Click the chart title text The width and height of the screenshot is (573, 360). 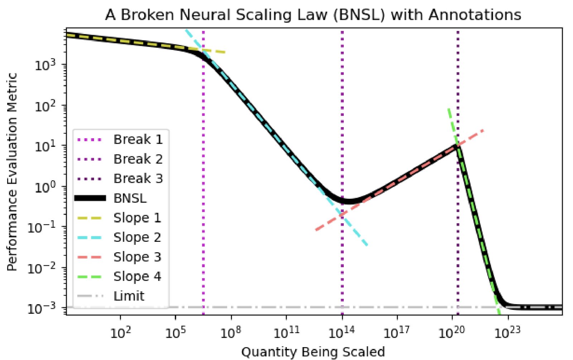[313, 15]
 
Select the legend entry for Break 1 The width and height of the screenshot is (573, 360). [138, 139]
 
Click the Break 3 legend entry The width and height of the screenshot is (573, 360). [138, 178]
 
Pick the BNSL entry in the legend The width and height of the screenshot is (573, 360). [130, 198]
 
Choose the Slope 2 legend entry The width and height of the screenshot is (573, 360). [137, 237]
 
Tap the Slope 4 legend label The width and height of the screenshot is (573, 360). [137, 276]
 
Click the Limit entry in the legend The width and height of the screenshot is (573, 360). [129, 296]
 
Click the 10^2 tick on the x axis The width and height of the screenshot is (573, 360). [120, 333]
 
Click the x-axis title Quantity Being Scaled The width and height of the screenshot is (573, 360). [313, 352]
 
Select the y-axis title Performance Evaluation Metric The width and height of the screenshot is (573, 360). [12, 172]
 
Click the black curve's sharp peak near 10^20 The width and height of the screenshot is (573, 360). [457, 146]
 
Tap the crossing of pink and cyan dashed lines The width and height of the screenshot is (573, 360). [342, 215]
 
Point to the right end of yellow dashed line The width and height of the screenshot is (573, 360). [225, 52]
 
